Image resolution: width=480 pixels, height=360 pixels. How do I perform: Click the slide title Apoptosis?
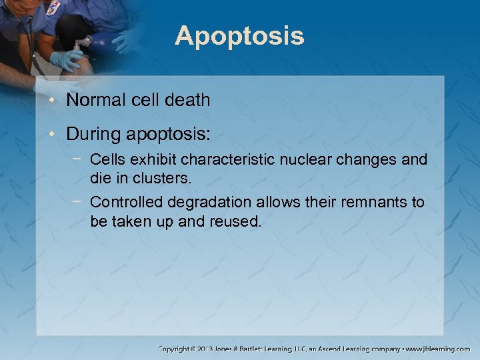[239, 36]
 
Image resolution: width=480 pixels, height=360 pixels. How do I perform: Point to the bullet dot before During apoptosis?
[54, 135]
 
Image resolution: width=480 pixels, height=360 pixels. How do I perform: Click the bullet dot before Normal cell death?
[54, 101]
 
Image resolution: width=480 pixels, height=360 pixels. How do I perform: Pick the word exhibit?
[155, 160]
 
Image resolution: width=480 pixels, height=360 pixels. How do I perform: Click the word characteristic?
[231, 160]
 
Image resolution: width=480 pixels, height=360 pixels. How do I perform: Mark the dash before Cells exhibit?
[79, 160]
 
